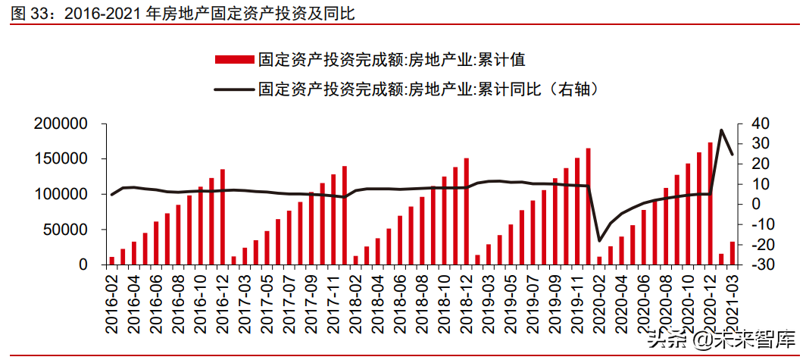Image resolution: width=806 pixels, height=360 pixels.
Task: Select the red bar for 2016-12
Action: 222,217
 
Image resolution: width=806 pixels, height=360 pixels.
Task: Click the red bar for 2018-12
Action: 466,211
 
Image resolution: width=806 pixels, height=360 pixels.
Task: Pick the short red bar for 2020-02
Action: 599,261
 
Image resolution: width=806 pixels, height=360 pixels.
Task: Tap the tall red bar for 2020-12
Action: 710,203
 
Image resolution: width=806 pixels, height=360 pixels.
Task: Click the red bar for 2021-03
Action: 732,253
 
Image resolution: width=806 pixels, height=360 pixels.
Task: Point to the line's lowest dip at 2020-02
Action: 599,241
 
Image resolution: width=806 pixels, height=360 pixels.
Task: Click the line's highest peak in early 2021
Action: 721,130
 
